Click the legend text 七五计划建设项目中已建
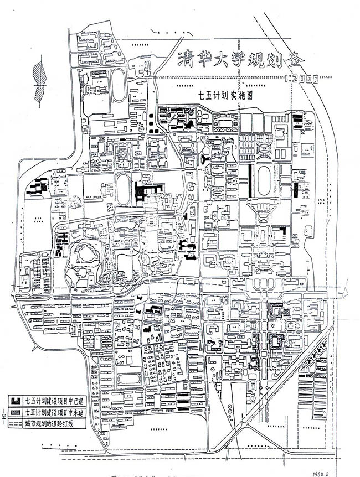tap(53, 401)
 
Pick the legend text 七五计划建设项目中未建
tap(53, 412)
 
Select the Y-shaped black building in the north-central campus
tap(205, 159)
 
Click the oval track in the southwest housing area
tap(128, 379)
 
